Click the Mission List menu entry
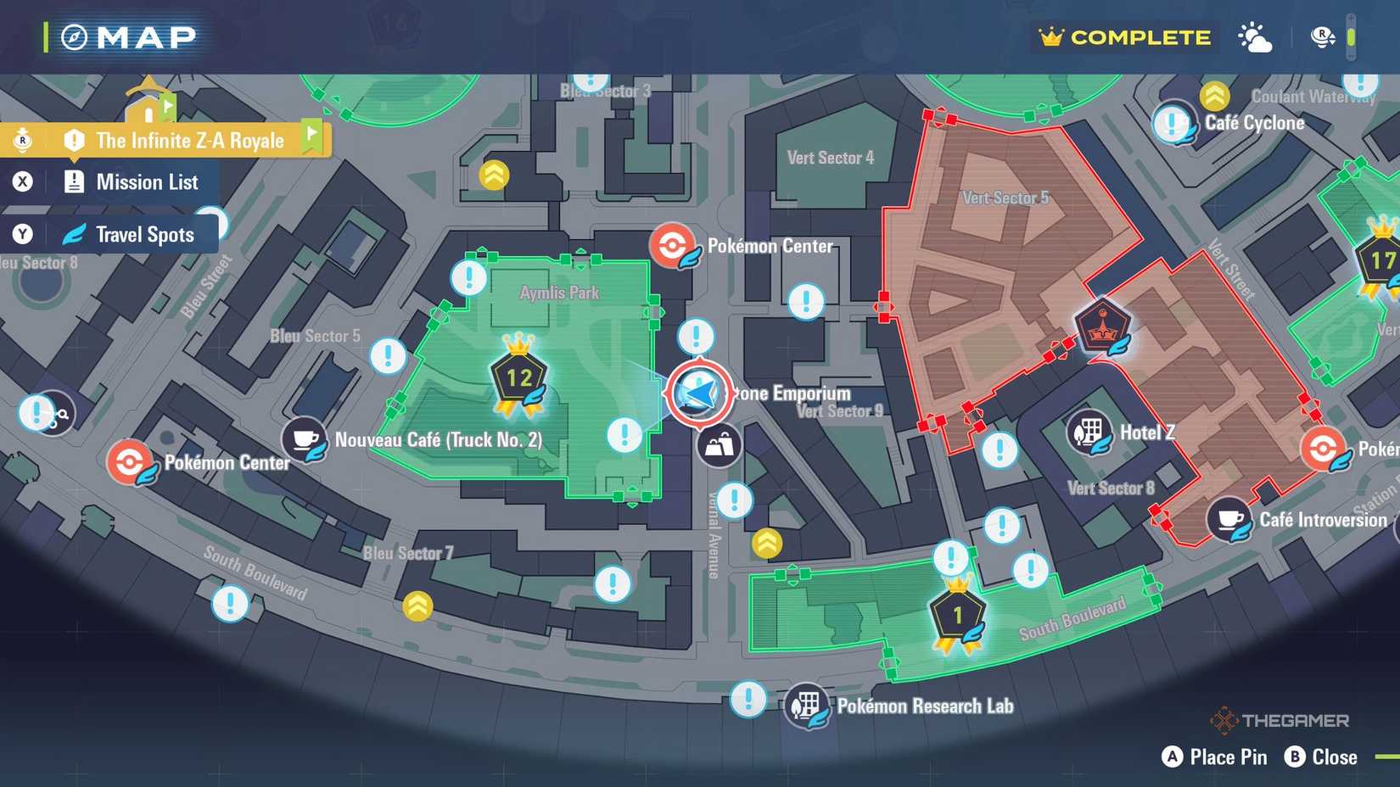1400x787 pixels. pos(146,182)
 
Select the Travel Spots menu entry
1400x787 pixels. pos(144,235)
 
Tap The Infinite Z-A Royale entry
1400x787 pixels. pos(189,141)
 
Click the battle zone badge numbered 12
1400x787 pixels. pos(518,379)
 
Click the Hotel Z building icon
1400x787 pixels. pos(1089,433)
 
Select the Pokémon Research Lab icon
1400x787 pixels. pos(806,706)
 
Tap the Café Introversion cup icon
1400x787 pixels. pos(1229,520)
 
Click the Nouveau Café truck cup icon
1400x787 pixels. pos(305,439)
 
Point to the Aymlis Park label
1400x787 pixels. pos(559,293)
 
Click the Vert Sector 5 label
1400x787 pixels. pos(1005,198)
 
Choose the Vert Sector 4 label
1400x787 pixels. pos(830,158)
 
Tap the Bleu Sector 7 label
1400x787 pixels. pos(408,554)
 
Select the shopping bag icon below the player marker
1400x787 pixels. pos(719,445)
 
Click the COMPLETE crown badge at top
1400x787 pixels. pos(1125,37)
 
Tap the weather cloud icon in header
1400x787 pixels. pos(1255,38)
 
